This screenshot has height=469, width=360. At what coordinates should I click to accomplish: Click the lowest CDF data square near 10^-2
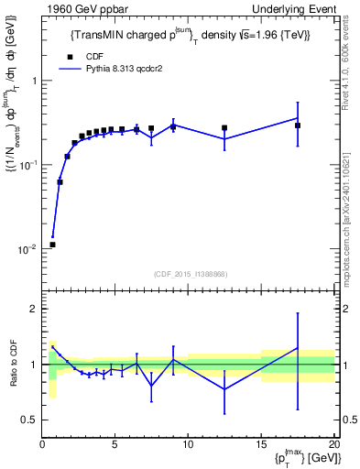52,245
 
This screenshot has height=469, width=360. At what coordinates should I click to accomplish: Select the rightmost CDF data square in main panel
298,125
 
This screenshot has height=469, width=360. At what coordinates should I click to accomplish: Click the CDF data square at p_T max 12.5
224,128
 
